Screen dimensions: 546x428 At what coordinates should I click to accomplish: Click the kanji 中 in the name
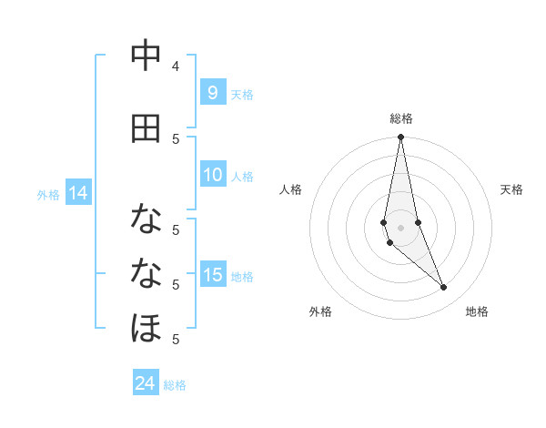click(146, 57)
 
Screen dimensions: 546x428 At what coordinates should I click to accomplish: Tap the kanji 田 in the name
click(146, 129)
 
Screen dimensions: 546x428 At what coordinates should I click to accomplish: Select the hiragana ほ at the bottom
click(146, 328)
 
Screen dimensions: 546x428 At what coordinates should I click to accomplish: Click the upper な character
click(146, 219)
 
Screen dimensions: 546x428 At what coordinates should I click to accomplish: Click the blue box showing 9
click(212, 92)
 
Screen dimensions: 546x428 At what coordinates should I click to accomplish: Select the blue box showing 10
click(212, 175)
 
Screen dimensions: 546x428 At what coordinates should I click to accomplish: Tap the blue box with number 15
click(212, 275)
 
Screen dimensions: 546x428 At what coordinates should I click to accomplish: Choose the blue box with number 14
click(78, 193)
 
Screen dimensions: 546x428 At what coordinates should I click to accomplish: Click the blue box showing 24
click(146, 383)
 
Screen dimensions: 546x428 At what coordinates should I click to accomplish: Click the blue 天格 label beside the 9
click(242, 94)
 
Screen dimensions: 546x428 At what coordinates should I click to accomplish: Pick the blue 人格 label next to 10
click(242, 176)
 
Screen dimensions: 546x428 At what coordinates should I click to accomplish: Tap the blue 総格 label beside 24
click(175, 385)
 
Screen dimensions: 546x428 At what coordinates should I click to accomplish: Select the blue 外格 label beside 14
click(48, 194)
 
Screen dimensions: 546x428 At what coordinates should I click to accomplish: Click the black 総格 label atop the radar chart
click(401, 118)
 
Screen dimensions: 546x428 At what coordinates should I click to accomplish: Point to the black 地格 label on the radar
click(477, 311)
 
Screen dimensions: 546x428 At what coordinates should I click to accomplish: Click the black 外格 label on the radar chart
click(320, 311)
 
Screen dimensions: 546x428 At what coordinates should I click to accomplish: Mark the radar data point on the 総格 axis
click(400, 138)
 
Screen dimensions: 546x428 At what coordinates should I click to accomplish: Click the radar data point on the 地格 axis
click(444, 288)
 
